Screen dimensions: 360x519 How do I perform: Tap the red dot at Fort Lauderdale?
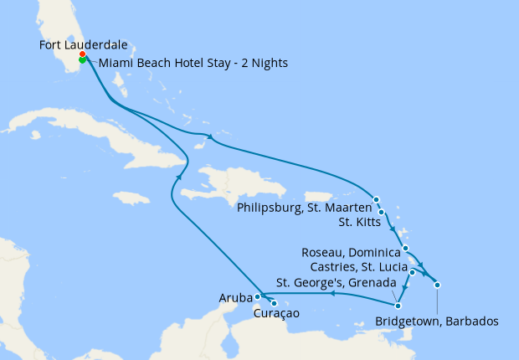click(x=82, y=54)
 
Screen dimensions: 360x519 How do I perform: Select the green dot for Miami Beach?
click(x=83, y=59)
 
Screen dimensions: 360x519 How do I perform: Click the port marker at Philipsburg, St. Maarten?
click(x=377, y=199)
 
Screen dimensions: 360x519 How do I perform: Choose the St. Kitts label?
click(x=362, y=222)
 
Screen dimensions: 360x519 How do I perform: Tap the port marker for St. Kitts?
click(x=382, y=212)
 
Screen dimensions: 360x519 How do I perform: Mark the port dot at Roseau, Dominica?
click(x=404, y=248)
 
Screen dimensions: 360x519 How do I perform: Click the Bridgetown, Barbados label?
click(x=437, y=321)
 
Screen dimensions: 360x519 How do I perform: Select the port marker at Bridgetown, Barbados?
click(x=437, y=285)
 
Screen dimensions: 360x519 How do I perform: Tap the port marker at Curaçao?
click(x=274, y=303)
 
